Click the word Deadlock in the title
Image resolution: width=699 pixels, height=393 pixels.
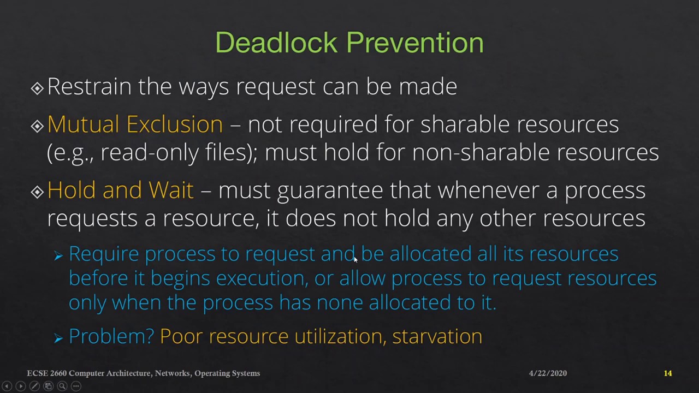coord(276,43)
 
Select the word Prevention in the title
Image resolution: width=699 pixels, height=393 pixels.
coord(415,43)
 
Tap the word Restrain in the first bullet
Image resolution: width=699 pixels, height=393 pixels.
coord(89,87)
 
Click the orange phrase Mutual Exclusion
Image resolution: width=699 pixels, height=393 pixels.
coord(135,124)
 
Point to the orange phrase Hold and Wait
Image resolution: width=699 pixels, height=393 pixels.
coord(120,190)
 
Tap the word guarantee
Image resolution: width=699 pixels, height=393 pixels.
coord(330,190)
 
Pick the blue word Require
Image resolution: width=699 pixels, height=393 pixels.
coord(104,254)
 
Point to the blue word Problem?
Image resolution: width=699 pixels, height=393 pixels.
coord(111,336)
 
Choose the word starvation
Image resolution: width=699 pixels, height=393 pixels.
coord(437,336)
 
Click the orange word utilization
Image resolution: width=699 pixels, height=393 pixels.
coord(340,336)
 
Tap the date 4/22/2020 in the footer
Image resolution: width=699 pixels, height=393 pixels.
coord(548,373)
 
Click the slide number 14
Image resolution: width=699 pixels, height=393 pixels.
coord(668,373)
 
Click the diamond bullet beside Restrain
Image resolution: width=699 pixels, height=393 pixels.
coord(37,88)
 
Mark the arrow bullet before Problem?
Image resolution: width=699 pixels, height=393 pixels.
coord(58,338)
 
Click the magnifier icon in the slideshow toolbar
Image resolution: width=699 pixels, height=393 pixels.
coord(62,386)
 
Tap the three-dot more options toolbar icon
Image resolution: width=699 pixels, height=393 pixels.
coord(76,386)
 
